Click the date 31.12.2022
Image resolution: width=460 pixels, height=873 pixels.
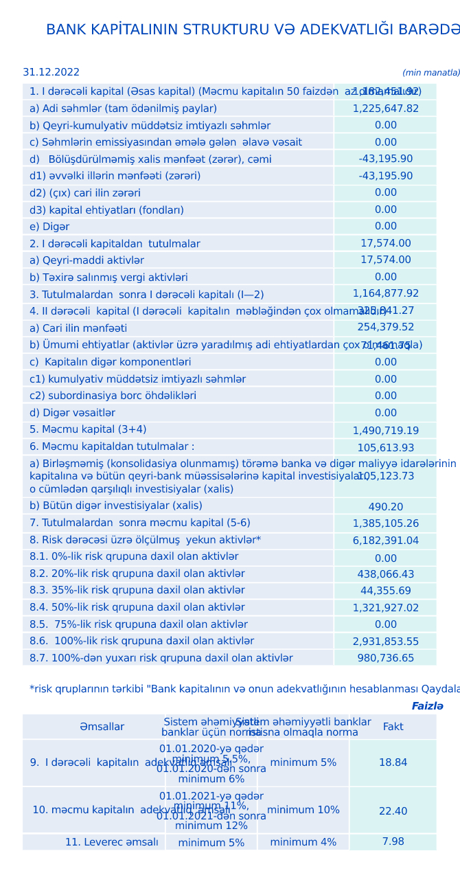point(51,72)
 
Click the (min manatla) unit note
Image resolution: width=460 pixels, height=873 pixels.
point(430,73)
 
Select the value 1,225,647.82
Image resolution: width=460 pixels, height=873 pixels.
point(385,109)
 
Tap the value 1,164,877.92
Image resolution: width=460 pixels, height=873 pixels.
point(385,293)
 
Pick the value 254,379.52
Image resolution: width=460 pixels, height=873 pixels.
point(385,327)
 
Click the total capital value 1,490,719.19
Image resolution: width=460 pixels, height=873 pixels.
point(385,431)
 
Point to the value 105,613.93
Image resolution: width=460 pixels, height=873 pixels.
point(385,448)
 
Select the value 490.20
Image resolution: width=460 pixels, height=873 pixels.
point(385,507)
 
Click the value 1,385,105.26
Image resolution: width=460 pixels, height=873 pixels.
point(385,523)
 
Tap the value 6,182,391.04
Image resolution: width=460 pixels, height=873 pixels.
point(385,541)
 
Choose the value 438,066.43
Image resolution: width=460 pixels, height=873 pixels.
point(385,574)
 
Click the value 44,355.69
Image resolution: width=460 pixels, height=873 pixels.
point(385,591)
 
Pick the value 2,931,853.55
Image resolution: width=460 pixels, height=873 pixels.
point(385,642)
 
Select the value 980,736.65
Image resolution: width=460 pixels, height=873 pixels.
point(385,658)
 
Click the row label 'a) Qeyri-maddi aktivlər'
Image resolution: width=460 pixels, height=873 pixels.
point(87,260)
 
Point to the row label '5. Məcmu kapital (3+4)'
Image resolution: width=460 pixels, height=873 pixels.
point(88,429)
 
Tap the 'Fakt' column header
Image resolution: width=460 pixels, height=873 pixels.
point(393,727)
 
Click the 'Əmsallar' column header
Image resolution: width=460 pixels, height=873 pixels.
point(102,727)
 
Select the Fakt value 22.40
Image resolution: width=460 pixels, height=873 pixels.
point(393,811)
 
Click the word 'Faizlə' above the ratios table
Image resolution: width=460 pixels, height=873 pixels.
point(427,706)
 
